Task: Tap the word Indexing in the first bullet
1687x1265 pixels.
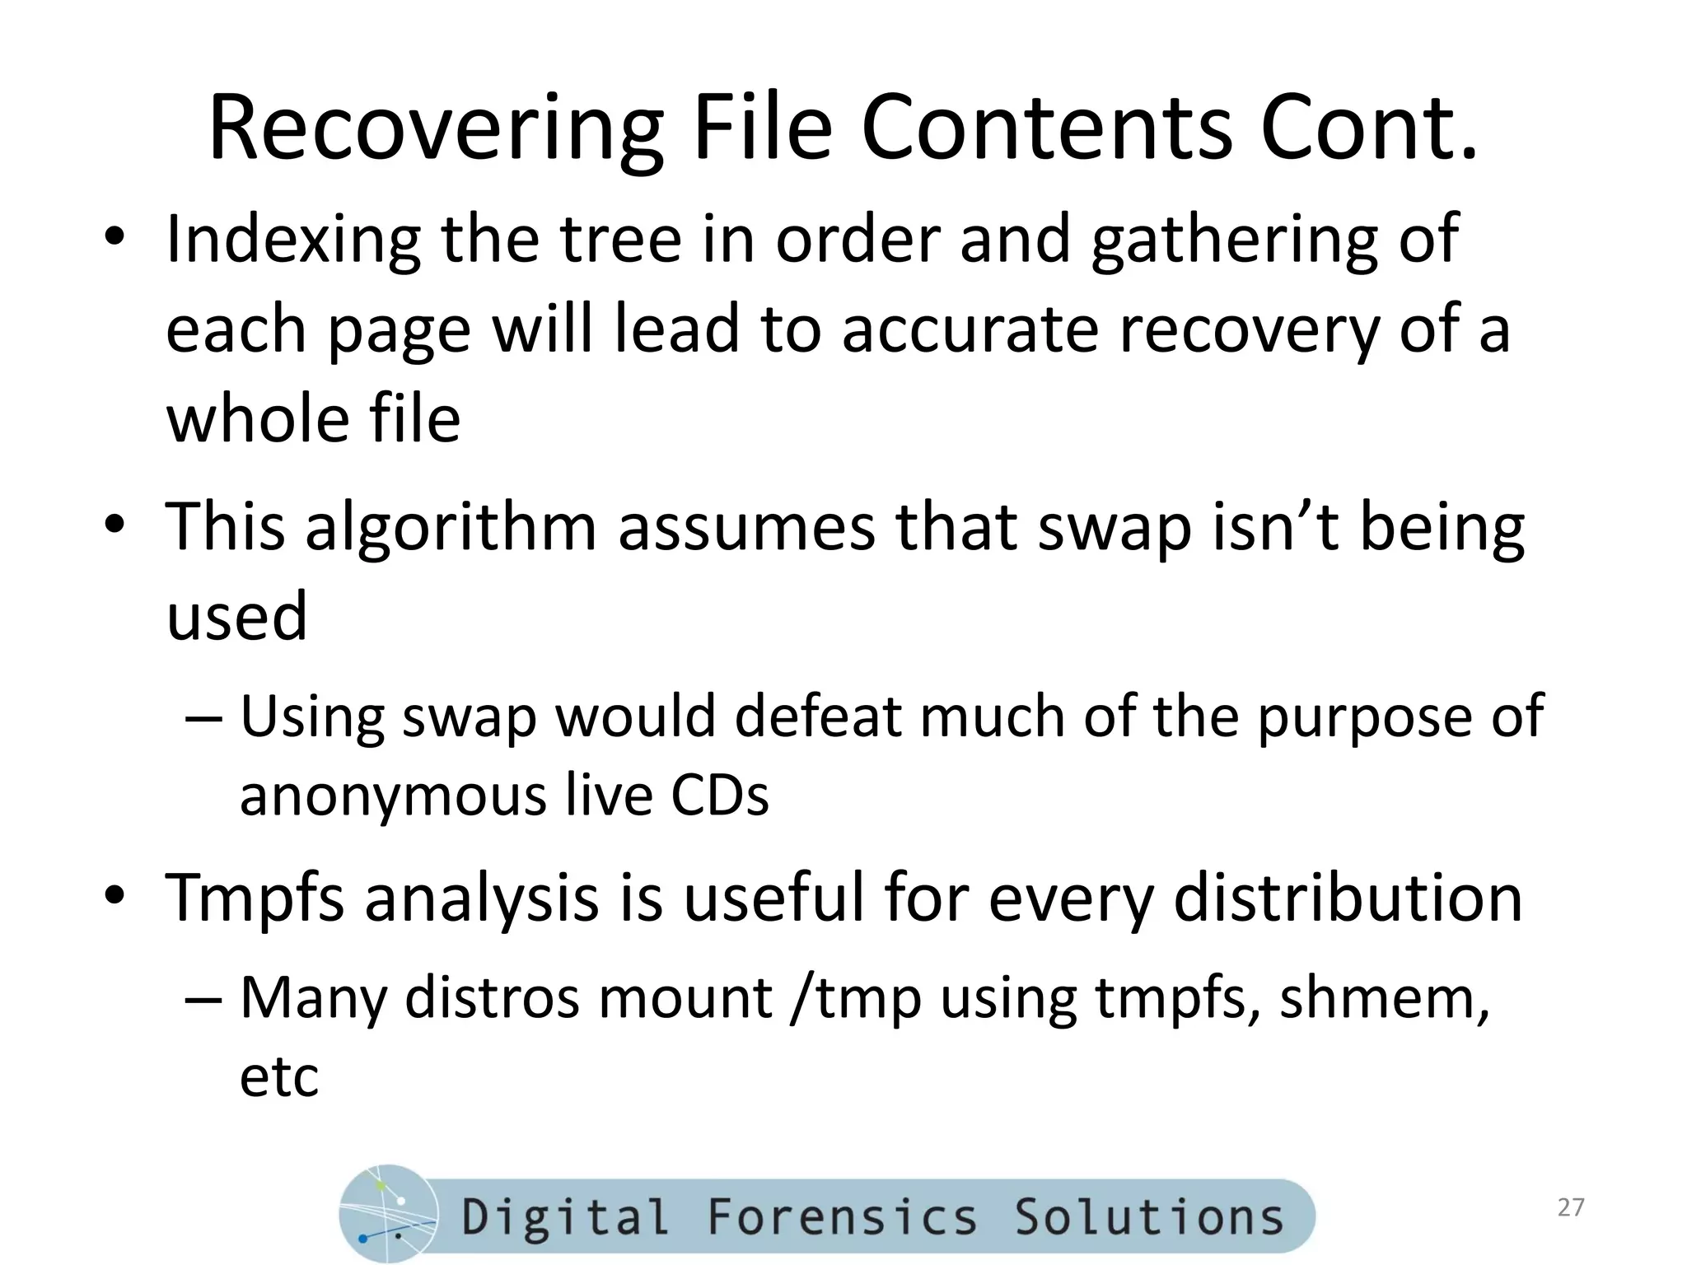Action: [292, 240]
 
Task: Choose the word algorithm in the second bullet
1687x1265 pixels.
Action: [450, 527]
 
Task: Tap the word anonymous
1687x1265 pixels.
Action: [391, 796]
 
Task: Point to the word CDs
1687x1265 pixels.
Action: [720, 796]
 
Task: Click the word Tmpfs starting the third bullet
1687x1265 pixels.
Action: [255, 898]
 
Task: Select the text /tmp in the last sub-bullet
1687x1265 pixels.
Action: [854, 998]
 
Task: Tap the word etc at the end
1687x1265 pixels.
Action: [278, 1077]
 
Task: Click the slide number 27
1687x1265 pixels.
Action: [1571, 1207]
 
